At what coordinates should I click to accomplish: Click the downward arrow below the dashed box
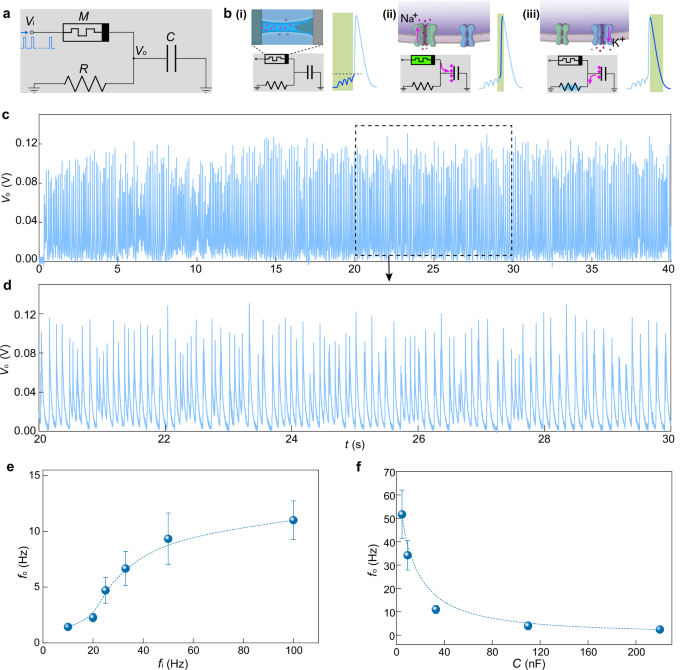click(x=437, y=264)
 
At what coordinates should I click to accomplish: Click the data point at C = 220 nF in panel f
click(x=659, y=629)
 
